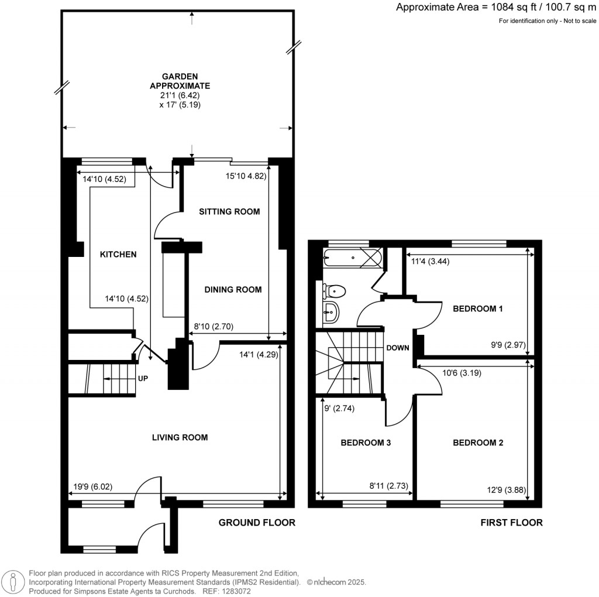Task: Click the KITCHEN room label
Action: pyautogui.click(x=118, y=255)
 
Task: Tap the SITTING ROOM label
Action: pyautogui.click(x=229, y=211)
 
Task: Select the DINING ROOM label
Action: pyautogui.click(x=232, y=289)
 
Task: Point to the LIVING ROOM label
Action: pyautogui.click(x=180, y=437)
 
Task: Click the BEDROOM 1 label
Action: pyautogui.click(x=478, y=308)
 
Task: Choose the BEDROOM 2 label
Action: pyautogui.click(x=478, y=443)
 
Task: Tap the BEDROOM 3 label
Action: pyautogui.click(x=366, y=443)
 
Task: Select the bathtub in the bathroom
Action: pyautogui.click(x=353, y=257)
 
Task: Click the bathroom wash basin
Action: pyautogui.click(x=331, y=312)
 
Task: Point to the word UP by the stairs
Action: pyautogui.click(x=143, y=379)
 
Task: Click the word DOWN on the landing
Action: pyautogui.click(x=397, y=348)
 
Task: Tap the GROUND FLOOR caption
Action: pyautogui.click(x=257, y=523)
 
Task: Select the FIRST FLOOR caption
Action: pyautogui.click(x=511, y=523)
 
